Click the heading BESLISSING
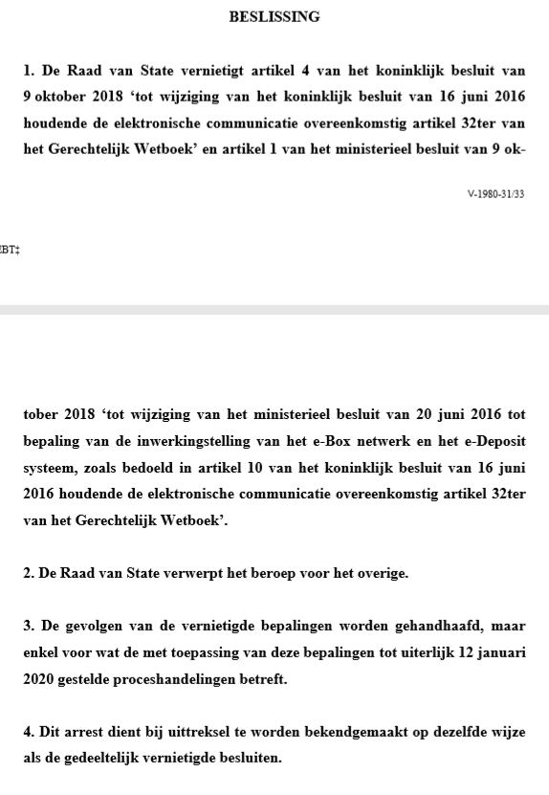(274, 17)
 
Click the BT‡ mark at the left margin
(9, 252)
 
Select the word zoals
(102, 497)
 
